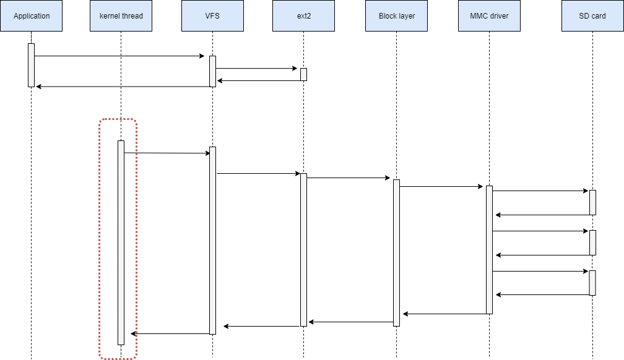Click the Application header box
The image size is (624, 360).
[x=32, y=15]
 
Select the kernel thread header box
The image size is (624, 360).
[x=121, y=15]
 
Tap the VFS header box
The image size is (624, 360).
[x=212, y=15]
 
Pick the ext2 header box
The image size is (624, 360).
[x=303, y=15]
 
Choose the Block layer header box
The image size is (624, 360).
[x=397, y=15]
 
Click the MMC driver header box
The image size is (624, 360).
[x=489, y=15]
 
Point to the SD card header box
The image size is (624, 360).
[x=592, y=15]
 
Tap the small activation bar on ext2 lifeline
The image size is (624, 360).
[x=303, y=74]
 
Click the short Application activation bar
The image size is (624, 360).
[x=31, y=65]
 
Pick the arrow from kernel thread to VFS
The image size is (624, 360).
[x=167, y=153]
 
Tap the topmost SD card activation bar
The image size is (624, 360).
[x=592, y=202]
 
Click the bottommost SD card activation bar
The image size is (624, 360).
[x=592, y=283]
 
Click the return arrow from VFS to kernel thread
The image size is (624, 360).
[x=170, y=334]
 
